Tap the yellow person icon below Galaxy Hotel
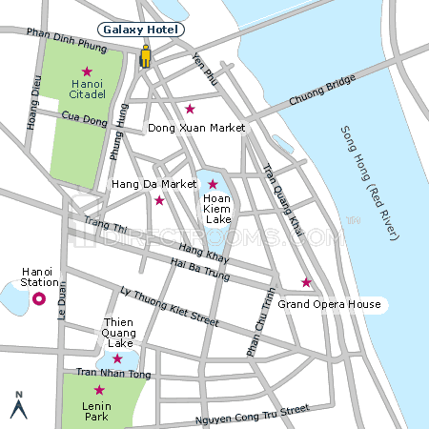[x=145, y=56]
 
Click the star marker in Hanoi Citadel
[x=87, y=71]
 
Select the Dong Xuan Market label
[x=196, y=127]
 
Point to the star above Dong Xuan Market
[x=190, y=108]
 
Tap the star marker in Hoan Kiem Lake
[x=213, y=184]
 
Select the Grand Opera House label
[x=329, y=305]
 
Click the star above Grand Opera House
[x=306, y=282]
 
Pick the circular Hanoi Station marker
[x=39, y=299]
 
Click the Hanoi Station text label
[x=39, y=276]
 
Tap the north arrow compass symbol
[x=17, y=405]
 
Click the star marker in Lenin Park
[x=98, y=390]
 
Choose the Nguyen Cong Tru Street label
[x=252, y=414]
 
